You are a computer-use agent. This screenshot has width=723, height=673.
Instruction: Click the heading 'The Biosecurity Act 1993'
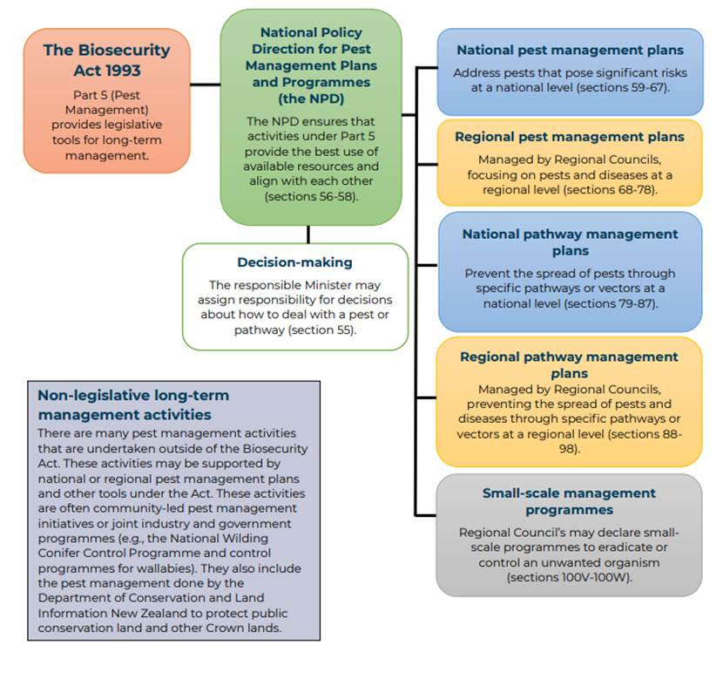click(x=107, y=60)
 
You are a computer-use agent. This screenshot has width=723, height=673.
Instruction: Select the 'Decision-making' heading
click(x=294, y=262)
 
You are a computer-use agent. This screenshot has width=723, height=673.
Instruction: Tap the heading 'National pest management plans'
click(x=570, y=50)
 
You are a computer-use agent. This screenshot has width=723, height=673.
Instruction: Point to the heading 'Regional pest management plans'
click(x=570, y=137)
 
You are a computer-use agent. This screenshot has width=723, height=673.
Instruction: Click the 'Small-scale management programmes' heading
click(x=569, y=501)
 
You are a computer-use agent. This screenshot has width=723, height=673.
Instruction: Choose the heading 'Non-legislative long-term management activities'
click(x=133, y=404)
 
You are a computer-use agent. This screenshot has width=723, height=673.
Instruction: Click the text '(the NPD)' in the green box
click(x=311, y=99)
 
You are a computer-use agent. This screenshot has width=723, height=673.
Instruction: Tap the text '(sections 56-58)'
click(x=311, y=197)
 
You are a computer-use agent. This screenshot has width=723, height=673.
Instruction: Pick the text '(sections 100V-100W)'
click(x=570, y=577)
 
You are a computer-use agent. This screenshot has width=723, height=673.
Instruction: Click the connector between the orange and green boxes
click(x=206, y=85)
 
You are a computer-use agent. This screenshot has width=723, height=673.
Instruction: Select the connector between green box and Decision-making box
click(x=308, y=235)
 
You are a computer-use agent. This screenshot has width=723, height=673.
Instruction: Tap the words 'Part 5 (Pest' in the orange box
click(x=106, y=95)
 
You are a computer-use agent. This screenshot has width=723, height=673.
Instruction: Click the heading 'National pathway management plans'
click(x=570, y=242)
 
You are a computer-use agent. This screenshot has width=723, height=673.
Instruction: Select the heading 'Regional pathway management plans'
click(x=569, y=364)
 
